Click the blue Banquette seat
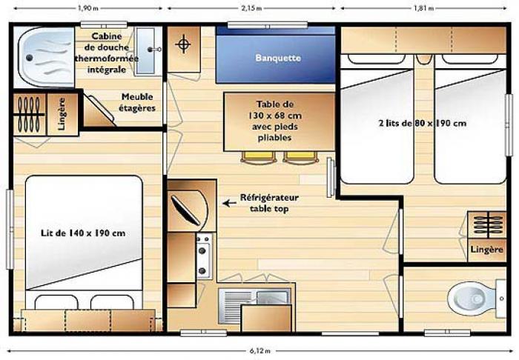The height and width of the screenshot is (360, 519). pyautogui.click(x=276, y=55)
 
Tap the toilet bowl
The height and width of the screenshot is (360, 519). pyautogui.click(x=472, y=299)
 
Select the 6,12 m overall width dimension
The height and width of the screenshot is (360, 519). pyautogui.click(x=259, y=351)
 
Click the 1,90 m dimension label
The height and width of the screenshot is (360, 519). pyautogui.click(x=88, y=8)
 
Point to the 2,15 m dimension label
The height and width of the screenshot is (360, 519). pyautogui.click(x=251, y=8)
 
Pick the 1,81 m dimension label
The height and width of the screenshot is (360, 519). pyautogui.click(x=423, y=8)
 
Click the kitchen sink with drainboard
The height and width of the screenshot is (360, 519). pyautogui.click(x=254, y=305)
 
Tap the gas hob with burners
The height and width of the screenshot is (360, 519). pyautogui.click(x=204, y=256)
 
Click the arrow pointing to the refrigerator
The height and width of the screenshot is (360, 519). pyautogui.click(x=229, y=203)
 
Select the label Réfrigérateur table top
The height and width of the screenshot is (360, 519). pyautogui.click(x=269, y=203)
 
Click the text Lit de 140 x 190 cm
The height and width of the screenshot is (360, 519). pyautogui.click(x=83, y=233)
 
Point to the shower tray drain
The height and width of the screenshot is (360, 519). pyautogui.click(x=30, y=59)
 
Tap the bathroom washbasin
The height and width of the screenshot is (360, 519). pyautogui.click(x=145, y=50)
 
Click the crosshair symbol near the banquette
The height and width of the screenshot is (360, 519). pyautogui.click(x=183, y=44)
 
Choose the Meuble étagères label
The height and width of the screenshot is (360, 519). pyautogui.click(x=137, y=102)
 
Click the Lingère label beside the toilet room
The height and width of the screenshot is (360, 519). pyautogui.click(x=486, y=250)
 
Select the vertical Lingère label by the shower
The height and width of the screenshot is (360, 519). pyautogui.click(x=62, y=114)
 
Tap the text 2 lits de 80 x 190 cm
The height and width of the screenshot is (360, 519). pyautogui.click(x=423, y=123)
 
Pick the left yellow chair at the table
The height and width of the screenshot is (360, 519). pyautogui.click(x=259, y=157)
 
